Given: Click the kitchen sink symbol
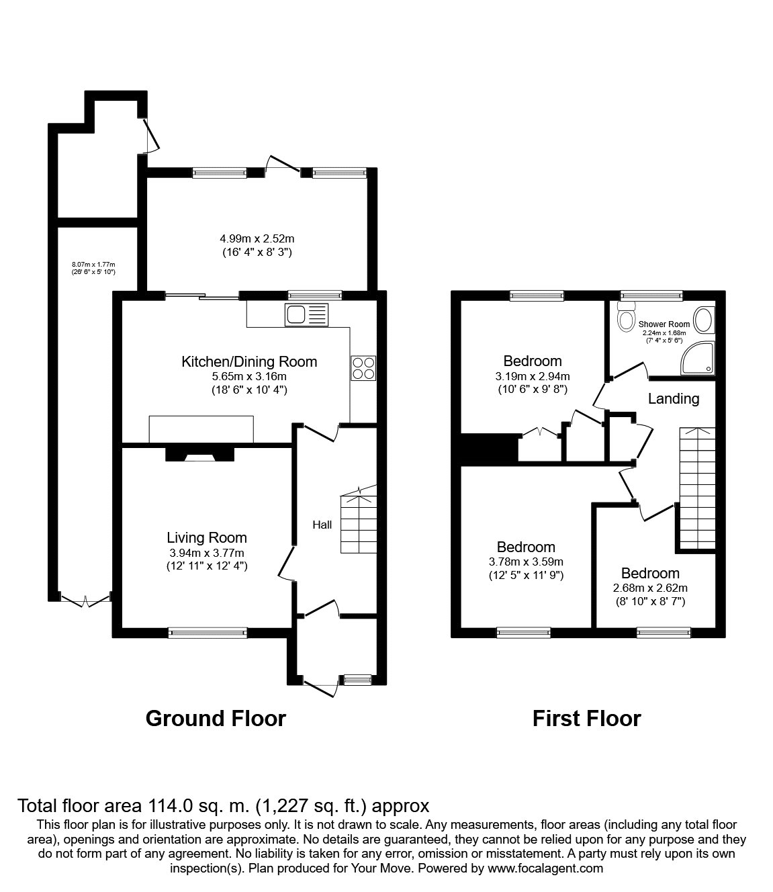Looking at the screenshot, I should pyautogui.click(x=306, y=314).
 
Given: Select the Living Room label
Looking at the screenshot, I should pyautogui.click(x=207, y=537).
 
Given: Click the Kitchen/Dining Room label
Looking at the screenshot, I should pyautogui.click(x=249, y=362).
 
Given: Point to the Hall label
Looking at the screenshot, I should pyautogui.click(x=322, y=525).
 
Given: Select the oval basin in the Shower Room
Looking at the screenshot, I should pyautogui.click(x=703, y=320).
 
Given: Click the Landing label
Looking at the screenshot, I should pyautogui.click(x=673, y=398).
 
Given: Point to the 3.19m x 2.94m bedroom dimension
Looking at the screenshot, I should pyautogui.click(x=533, y=376).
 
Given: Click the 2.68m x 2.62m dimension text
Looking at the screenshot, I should pyautogui.click(x=650, y=588).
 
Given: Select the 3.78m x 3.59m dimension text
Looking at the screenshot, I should pyautogui.click(x=526, y=562).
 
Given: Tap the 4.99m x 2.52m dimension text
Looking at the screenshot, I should pyautogui.click(x=257, y=238).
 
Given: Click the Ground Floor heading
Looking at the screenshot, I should pyautogui.click(x=216, y=718).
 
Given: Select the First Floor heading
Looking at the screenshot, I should pyautogui.click(x=586, y=718).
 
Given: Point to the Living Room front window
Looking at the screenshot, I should pyautogui.click(x=208, y=631).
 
